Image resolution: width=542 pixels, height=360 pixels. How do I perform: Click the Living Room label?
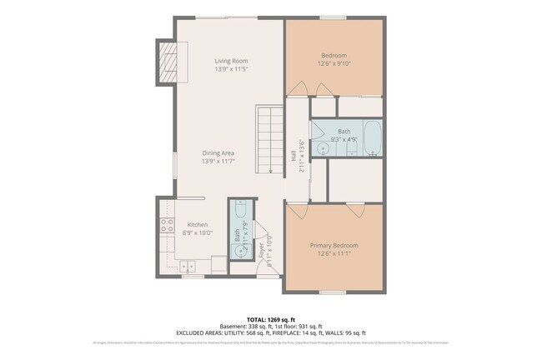coord(231,61)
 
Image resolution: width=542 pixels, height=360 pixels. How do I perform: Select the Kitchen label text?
coord(198,224)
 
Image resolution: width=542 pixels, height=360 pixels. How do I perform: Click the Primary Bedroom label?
coord(334,245)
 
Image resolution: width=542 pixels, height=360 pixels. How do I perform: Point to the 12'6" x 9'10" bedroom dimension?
coord(334,63)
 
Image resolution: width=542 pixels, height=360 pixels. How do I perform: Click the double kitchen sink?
coord(188,266)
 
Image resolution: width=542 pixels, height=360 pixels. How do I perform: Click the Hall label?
coord(294,155)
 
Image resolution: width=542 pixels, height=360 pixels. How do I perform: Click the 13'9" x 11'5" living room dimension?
coord(231,69)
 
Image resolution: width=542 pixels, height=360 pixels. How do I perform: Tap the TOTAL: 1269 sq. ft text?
coord(270,318)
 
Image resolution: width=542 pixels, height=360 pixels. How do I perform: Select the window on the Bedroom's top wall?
coord(334,17)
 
